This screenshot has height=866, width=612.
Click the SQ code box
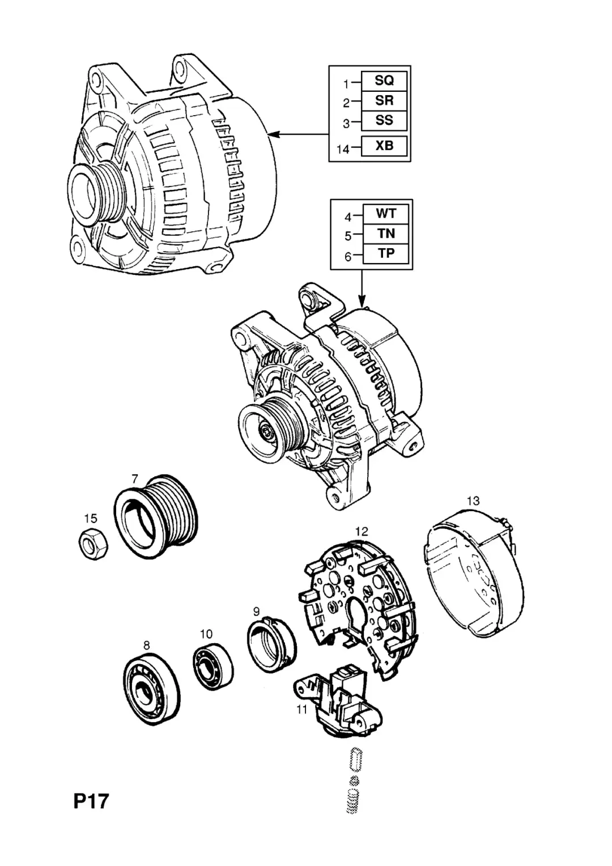pos(384,81)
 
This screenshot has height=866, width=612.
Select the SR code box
pos(384,101)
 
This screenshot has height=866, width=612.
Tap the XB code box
pos(384,146)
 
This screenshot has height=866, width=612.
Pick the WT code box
pos(386,214)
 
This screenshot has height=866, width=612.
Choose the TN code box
pos(386,234)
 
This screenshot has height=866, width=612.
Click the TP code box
pos(386,254)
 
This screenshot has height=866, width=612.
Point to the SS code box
pos(384,121)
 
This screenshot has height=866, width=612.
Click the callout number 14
pos(343,149)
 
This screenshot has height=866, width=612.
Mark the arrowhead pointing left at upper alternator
pos(273,134)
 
